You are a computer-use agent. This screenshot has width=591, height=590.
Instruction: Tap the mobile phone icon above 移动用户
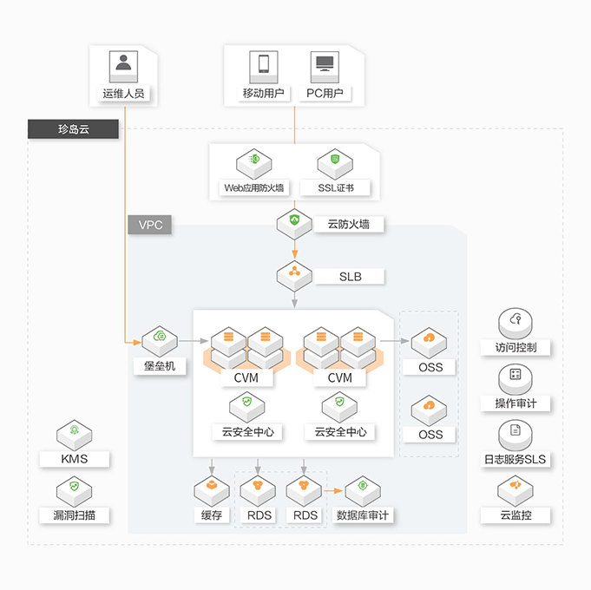263,65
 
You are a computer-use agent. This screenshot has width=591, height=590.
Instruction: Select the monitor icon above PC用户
325,65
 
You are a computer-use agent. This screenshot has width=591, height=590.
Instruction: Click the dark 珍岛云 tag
74,129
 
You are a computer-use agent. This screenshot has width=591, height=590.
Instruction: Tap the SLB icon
294,275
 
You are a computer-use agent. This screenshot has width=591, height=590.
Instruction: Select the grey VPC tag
150,225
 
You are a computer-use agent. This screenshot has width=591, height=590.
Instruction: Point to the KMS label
75,458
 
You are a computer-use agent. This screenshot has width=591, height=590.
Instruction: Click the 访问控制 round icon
516,322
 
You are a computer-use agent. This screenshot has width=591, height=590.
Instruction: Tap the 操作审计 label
516,403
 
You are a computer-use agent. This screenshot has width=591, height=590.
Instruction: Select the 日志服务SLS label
515,459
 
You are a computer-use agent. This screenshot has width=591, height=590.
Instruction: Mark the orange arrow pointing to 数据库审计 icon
334,491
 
